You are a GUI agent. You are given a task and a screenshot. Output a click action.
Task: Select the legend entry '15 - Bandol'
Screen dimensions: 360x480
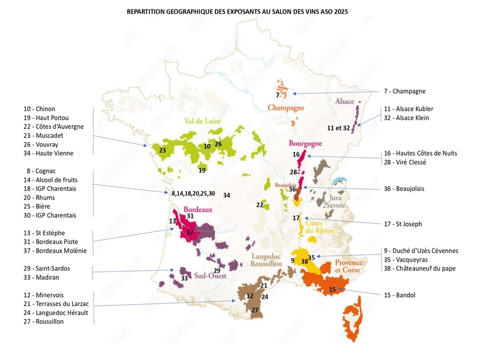[400, 295]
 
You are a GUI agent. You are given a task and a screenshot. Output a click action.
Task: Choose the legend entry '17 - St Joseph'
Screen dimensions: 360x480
[403, 224]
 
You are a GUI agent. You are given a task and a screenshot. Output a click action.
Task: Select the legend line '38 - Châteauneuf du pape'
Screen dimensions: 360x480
[419, 269]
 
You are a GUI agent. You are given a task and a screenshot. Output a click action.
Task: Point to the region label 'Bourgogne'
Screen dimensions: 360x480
[305, 143]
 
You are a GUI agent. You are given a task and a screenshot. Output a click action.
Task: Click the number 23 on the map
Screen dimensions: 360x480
[162, 151]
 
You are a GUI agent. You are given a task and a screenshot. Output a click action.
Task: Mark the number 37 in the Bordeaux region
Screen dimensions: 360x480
[190, 232]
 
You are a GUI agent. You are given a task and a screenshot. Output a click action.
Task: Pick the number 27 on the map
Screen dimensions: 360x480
[255, 310]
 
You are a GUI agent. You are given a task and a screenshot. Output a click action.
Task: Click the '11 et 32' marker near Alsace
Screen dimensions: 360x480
[338, 128]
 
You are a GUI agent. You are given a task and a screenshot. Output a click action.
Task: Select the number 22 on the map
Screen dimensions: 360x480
[259, 205]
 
